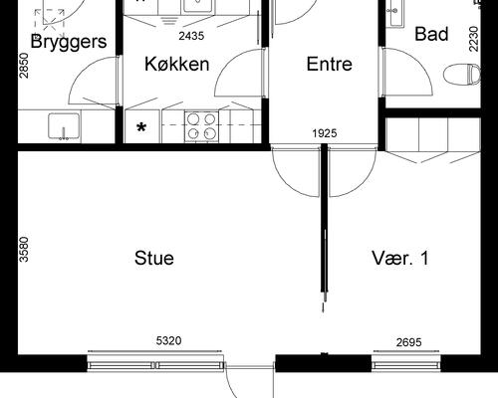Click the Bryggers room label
click(68, 42)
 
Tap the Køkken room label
click(176, 65)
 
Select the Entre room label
click(330, 65)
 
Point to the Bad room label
click(431, 35)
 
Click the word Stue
click(154, 259)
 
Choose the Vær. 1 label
click(399, 259)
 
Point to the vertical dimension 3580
click(24, 249)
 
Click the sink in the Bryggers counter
click(65, 127)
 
